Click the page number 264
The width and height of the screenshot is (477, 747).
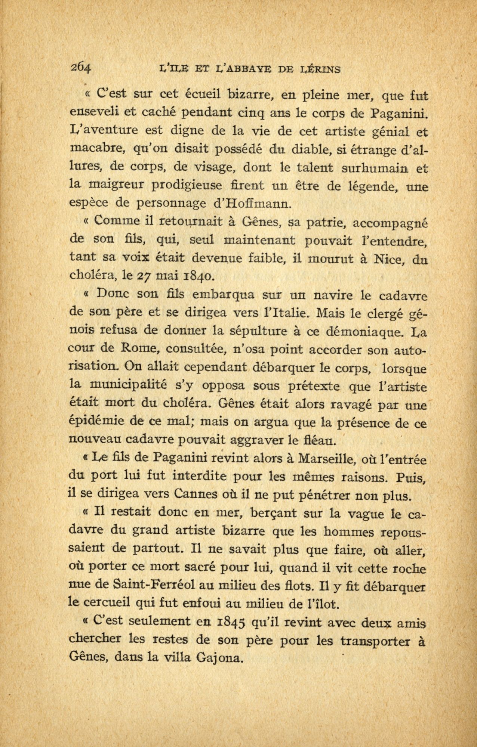81,68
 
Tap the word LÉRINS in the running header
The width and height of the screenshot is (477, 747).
320,69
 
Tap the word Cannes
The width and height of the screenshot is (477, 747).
205,495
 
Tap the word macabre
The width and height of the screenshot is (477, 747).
98,149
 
